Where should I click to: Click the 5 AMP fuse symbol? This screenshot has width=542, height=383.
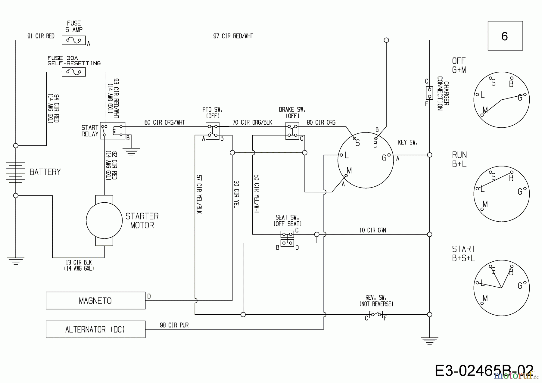[x=73, y=40]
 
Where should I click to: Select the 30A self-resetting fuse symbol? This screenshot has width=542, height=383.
[x=73, y=72]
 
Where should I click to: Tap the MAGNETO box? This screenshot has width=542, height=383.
[x=95, y=300]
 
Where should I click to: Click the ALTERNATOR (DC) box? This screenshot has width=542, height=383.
[x=95, y=329]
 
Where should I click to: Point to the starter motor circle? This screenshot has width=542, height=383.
[x=104, y=220]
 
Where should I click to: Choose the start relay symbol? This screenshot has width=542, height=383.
[x=112, y=131]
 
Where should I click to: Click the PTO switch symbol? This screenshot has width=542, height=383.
[x=212, y=131]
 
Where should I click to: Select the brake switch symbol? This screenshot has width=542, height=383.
[x=292, y=131]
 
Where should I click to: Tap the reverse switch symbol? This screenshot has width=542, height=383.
[x=376, y=315]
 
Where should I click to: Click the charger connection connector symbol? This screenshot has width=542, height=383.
[x=429, y=93]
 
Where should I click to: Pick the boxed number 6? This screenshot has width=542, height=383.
[x=505, y=36]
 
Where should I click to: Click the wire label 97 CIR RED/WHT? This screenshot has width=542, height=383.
[x=233, y=36]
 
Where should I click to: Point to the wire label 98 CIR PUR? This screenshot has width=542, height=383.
[x=174, y=325]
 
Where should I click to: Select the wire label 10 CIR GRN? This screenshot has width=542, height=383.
[x=372, y=230]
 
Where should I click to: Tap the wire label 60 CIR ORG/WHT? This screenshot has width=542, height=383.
[x=164, y=123]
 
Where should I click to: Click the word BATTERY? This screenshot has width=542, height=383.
[x=45, y=172]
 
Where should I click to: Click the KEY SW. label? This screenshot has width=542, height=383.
[x=408, y=142]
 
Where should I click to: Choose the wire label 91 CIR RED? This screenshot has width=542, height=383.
[x=41, y=36]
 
